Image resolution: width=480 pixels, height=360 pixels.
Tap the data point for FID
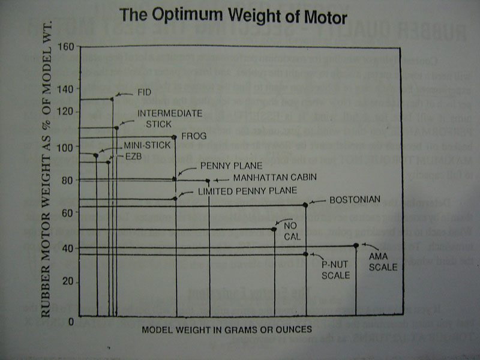pos(112,98)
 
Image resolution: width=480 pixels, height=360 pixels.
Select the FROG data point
pos(175,137)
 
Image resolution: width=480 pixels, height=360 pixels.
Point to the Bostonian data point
pos(305,205)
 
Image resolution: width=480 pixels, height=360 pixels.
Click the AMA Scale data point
pos(356,245)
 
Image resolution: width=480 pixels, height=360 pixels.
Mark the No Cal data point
pos(274,229)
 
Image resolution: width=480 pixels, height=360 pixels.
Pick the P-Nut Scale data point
pos(305,254)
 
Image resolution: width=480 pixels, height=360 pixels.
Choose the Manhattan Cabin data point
pos(208,180)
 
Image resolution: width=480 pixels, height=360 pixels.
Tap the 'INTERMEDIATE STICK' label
pos(170,118)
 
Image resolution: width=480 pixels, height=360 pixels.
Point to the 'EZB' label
pos(134,155)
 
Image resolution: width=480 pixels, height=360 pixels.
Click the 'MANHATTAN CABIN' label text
pos(274,178)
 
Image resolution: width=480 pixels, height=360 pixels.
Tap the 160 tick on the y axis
pos(67,47)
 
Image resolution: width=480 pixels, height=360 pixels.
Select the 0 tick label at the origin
pos(70,322)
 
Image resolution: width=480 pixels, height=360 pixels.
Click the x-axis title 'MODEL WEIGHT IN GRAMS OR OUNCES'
pos(227,329)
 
